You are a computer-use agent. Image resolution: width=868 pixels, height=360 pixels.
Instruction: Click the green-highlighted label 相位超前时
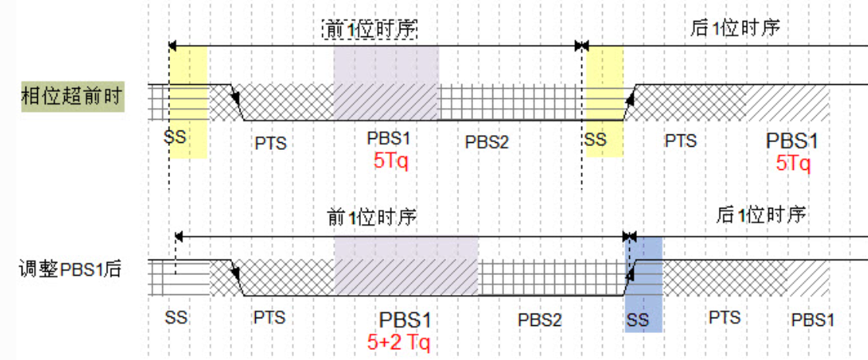(73, 98)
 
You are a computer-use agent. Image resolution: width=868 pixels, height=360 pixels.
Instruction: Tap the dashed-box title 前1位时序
(369, 29)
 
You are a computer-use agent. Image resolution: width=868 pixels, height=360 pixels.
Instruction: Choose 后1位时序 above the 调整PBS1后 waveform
(761, 214)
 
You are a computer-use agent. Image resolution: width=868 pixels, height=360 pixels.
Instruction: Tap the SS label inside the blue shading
(638, 319)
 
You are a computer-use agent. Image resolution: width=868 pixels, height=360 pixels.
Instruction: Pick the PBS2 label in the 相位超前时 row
(487, 142)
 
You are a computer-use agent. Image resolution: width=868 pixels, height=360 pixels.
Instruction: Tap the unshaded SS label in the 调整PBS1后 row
(177, 318)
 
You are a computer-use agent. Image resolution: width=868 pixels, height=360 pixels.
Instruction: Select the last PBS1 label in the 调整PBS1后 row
(812, 319)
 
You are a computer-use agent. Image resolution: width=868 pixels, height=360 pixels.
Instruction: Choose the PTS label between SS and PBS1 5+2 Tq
(269, 318)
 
